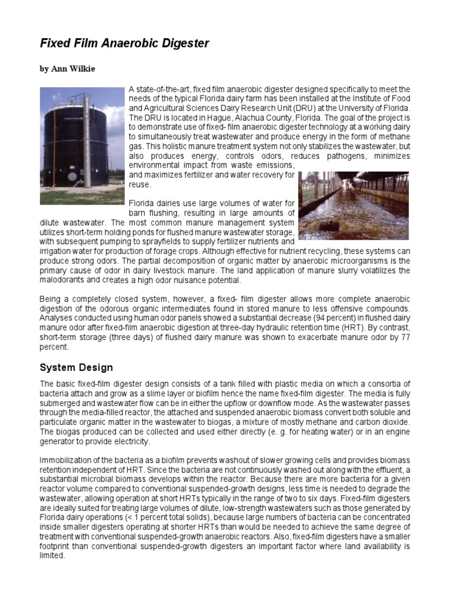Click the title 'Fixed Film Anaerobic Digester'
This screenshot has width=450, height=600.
(x=124, y=44)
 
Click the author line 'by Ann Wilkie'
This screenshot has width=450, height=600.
(x=67, y=69)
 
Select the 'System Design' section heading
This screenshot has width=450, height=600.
(x=76, y=368)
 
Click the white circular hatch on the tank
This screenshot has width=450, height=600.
(x=71, y=175)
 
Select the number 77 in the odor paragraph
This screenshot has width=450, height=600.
(x=404, y=337)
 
